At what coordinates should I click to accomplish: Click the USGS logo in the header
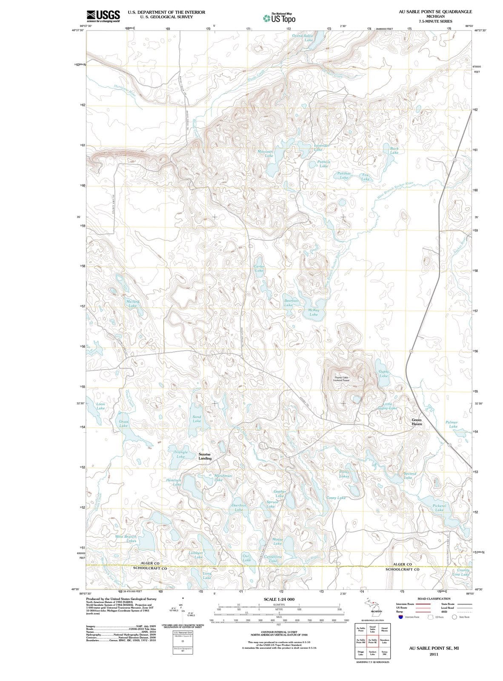coord(103,16)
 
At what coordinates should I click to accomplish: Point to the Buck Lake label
coord(394,150)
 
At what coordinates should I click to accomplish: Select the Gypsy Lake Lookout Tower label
coord(341,378)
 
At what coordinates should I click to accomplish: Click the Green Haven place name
coord(417,422)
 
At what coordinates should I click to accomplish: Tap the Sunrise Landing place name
coord(205,456)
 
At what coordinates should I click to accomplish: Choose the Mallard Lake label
coord(133,303)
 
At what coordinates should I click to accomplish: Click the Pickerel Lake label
coord(439,508)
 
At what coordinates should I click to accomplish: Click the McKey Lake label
coord(314,312)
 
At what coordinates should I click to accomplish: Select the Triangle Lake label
coord(181,454)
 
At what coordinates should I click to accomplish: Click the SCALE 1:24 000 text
coord(279,599)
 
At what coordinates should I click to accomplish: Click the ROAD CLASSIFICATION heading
coord(434,598)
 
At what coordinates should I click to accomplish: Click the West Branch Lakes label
coord(126,539)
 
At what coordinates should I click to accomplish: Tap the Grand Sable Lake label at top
coord(303,37)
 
